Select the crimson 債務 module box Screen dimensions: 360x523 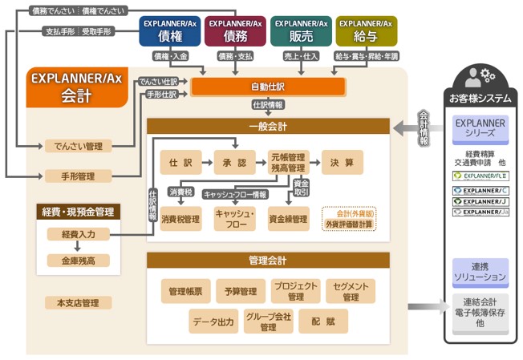[x=234, y=33]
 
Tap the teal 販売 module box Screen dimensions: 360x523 [x=300, y=33]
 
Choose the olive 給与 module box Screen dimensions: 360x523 [x=366, y=33]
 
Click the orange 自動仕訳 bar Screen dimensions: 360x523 [x=267, y=86]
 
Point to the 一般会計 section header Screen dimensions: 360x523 [x=268, y=126]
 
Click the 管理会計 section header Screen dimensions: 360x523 [x=268, y=261]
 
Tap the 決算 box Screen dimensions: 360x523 [x=343, y=163]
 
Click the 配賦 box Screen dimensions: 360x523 [x=323, y=322]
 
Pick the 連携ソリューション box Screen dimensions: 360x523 [x=480, y=272]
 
